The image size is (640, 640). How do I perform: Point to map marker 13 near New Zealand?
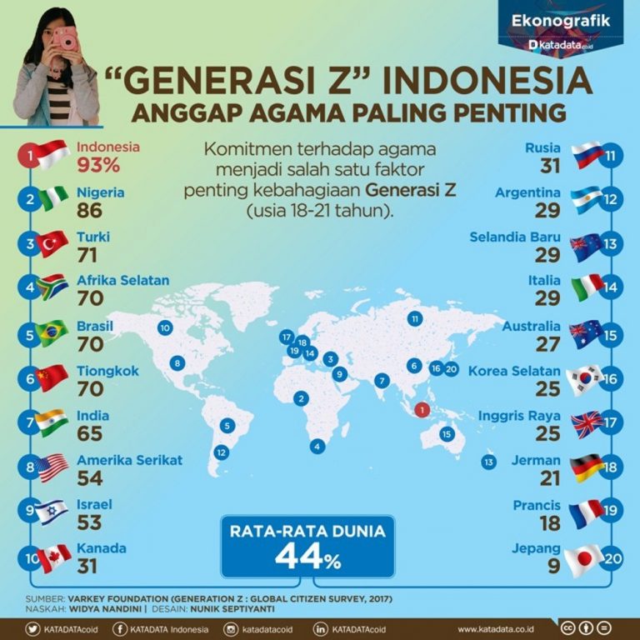tap(489, 462)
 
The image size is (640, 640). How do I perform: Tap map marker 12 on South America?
tap(221, 452)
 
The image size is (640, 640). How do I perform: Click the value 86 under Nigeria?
tap(88, 210)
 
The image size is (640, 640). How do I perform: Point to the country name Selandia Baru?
tap(516, 237)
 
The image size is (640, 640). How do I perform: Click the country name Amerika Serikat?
tap(129, 460)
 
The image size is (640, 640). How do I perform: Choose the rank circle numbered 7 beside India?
tap(30, 422)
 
